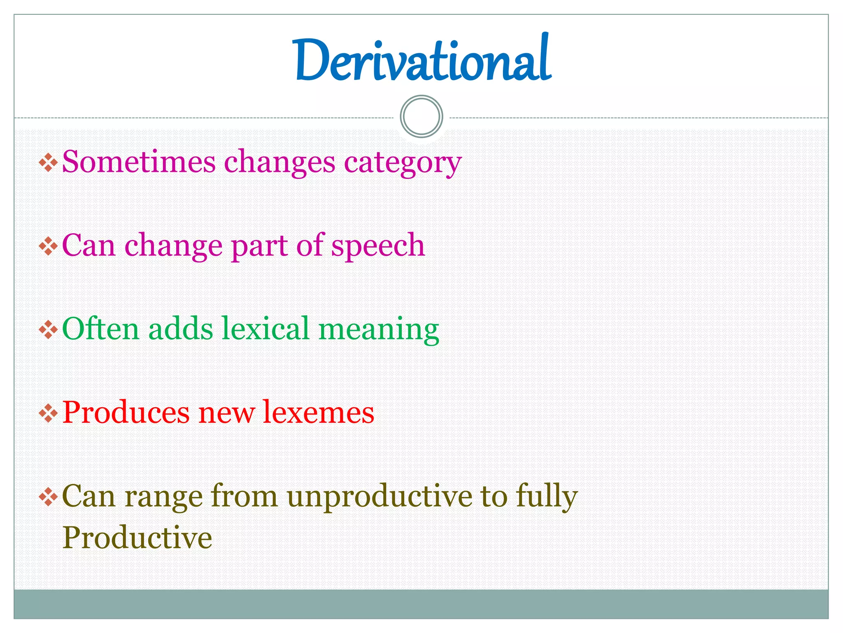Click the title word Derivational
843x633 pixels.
[423, 60]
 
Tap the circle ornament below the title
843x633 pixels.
[421, 116]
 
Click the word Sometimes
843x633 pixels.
[139, 162]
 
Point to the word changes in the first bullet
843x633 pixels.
[279, 162]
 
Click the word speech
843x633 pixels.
[378, 246]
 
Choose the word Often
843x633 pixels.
[101, 329]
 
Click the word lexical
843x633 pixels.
[265, 329]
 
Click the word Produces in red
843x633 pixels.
[126, 413]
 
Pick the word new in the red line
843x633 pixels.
[226, 413]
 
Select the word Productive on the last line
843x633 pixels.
[137, 538]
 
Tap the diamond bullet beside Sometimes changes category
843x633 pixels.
[48, 162]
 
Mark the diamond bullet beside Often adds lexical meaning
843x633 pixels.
[48, 330]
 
